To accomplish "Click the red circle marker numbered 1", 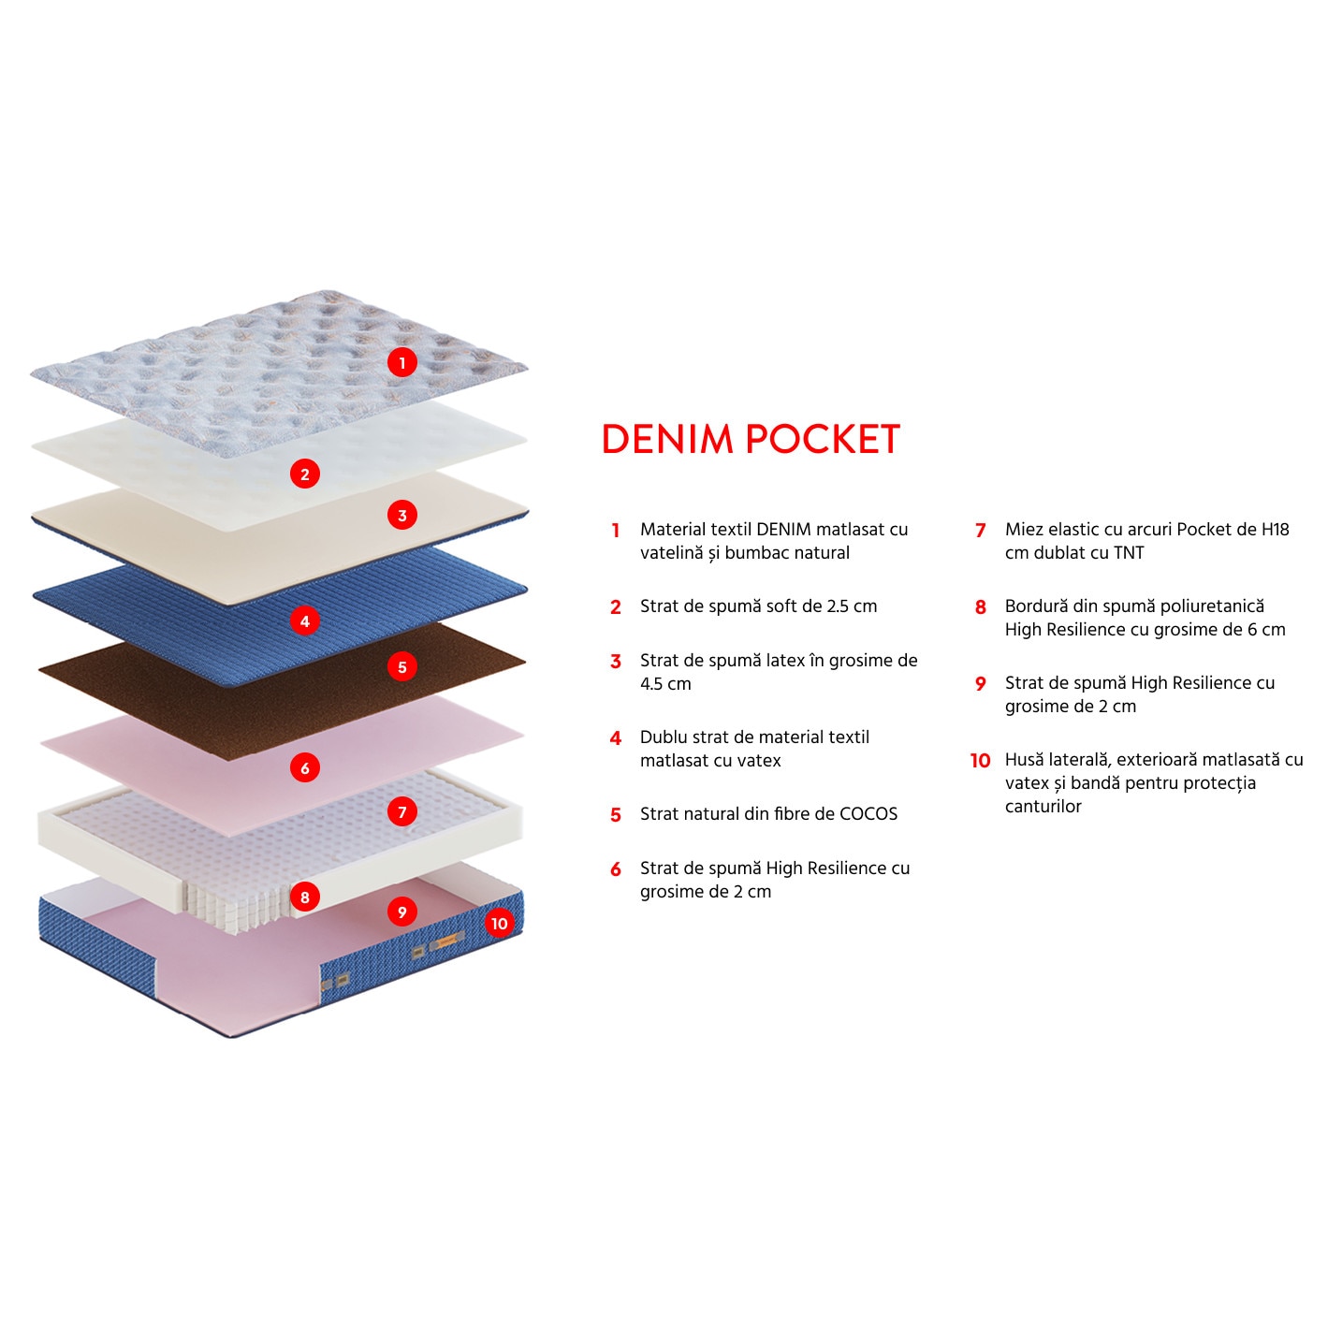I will (402, 362).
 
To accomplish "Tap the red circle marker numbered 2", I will (304, 474).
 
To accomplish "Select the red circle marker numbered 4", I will (304, 620).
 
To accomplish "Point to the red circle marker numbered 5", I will (402, 667).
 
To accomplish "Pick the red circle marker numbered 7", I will (402, 811).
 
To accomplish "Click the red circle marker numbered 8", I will (304, 897).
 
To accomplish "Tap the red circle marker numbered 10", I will (499, 924).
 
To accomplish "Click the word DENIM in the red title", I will (667, 439).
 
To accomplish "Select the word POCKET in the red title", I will (823, 439).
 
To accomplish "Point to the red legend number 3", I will (616, 662).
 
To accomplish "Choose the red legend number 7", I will (980, 531).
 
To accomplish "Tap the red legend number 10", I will (980, 761).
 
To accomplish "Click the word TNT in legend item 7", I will (1129, 553).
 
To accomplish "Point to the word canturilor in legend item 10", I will (1043, 807).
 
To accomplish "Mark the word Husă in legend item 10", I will (1024, 760).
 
